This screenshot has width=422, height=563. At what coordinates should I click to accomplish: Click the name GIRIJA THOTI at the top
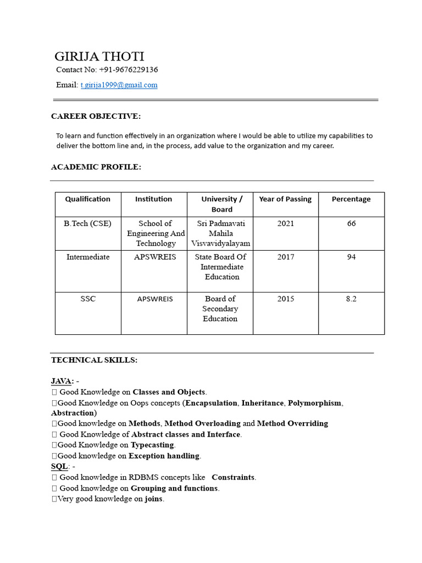click(x=99, y=57)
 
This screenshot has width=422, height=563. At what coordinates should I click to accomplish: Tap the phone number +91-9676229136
click(x=129, y=70)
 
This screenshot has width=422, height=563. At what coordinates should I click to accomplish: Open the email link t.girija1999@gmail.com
click(x=119, y=85)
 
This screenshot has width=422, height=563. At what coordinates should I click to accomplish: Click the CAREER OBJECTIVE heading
click(x=96, y=116)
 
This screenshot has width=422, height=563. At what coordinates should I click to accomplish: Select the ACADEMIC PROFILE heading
click(x=96, y=167)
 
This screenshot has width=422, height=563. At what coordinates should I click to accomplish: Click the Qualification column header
click(x=88, y=199)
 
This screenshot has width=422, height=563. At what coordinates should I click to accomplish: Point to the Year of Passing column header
click(x=285, y=199)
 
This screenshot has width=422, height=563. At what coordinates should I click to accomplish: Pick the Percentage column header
click(x=351, y=199)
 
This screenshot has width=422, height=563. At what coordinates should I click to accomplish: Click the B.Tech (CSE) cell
click(x=88, y=224)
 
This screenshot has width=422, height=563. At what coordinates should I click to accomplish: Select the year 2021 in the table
click(x=286, y=224)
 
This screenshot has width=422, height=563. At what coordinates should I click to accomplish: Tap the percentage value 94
click(x=351, y=257)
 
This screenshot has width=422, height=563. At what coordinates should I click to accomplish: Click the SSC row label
click(x=88, y=299)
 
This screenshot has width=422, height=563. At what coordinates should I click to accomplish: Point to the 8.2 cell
click(x=351, y=299)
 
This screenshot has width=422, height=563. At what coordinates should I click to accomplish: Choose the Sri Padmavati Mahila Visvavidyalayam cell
click(x=220, y=233)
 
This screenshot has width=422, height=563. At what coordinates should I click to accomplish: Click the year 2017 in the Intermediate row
click(x=286, y=257)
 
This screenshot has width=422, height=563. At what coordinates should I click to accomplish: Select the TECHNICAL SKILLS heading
click(x=95, y=360)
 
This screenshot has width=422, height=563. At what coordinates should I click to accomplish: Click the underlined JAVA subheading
click(x=62, y=381)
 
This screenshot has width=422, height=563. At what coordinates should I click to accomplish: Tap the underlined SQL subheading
click(x=59, y=466)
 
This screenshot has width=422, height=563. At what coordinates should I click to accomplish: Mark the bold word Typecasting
click(x=152, y=445)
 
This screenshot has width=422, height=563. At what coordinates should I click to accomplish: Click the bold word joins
click(x=154, y=499)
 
